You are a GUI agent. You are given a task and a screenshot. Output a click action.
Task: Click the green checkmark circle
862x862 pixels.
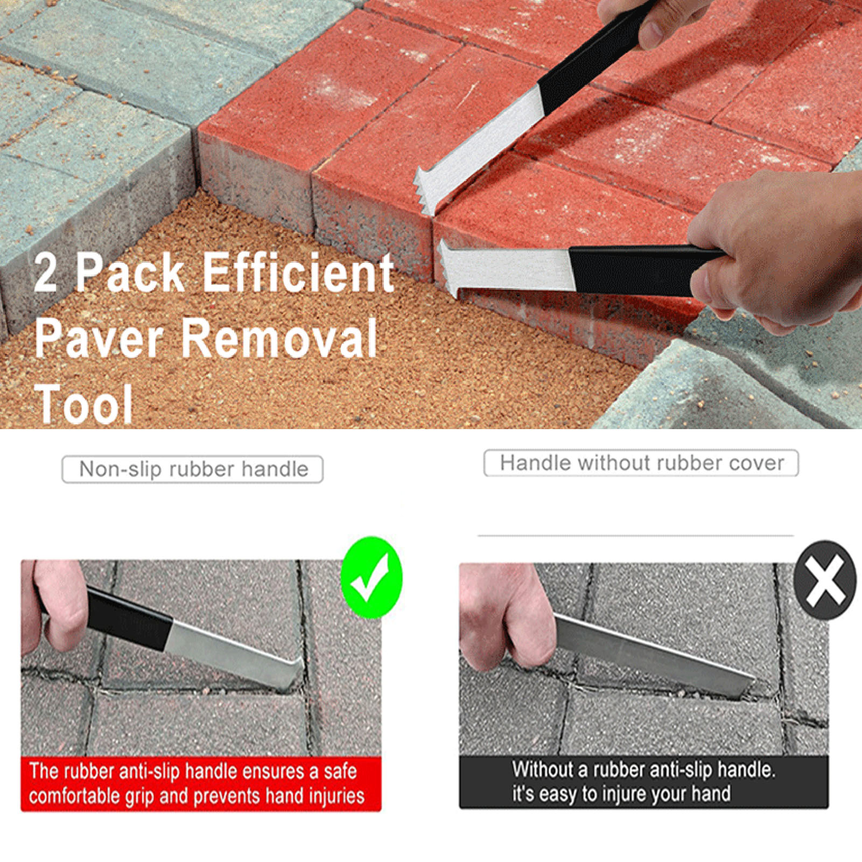(372, 577)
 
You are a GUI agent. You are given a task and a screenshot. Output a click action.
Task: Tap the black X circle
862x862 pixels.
(824, 580)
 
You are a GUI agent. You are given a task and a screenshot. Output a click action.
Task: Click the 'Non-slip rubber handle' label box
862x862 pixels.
(193, 469)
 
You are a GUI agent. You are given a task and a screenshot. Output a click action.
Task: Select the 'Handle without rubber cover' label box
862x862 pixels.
(641, 463)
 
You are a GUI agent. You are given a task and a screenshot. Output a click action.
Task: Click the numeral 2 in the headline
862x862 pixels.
(46, 274)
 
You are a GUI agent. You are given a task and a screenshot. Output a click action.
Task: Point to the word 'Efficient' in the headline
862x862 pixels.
(298, 272)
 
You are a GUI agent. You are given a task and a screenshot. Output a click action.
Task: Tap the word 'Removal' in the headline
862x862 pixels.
(278, 338)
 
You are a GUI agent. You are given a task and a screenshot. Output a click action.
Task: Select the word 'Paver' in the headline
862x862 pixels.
(99, 338)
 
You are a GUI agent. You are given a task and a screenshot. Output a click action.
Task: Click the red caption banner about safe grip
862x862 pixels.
(201, 783)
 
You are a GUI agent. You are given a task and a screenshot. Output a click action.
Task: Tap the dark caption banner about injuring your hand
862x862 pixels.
(643, 782)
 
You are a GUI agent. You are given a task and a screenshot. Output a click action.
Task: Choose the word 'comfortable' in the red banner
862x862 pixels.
(75, 795)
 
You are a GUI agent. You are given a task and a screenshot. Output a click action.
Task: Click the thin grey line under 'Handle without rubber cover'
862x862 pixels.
(635, 536)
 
